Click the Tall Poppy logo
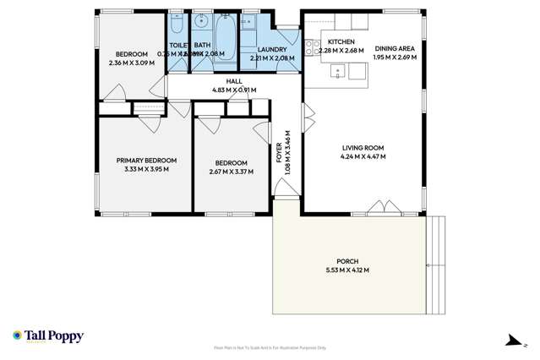pos(48,335)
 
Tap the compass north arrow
pos(511,340)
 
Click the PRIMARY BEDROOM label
pos(146,161)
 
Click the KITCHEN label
pos(341,41)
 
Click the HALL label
pos(234,81)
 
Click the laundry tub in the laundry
pos(251,23)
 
